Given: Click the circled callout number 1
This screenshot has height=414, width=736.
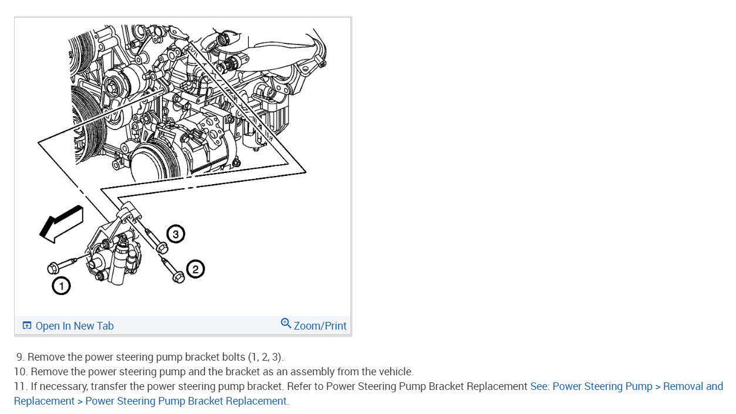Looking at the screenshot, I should coord(61,286).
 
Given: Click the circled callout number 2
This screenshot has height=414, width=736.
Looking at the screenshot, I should coord(195,269).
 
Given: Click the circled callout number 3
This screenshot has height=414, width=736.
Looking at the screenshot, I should coord(175,235).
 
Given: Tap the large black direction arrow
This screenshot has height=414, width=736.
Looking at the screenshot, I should coord(60,223).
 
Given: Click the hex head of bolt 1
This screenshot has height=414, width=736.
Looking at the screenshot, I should coord(52,268).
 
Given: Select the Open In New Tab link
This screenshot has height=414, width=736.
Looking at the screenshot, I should coord(75,326).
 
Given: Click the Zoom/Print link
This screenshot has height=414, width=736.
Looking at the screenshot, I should coord(320,326).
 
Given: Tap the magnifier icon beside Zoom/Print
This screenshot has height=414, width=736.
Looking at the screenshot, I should coord(286,323).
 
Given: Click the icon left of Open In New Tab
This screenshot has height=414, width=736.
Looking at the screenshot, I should coord(27,325).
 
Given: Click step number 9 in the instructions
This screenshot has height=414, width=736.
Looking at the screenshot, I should coord(20,357).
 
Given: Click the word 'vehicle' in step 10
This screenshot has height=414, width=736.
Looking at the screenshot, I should coord(394,372).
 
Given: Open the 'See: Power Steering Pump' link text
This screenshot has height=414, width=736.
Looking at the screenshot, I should coord(591,386).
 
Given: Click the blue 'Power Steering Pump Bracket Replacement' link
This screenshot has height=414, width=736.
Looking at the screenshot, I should coord(186,401).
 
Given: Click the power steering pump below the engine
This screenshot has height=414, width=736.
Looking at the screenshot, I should coord(114,255).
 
